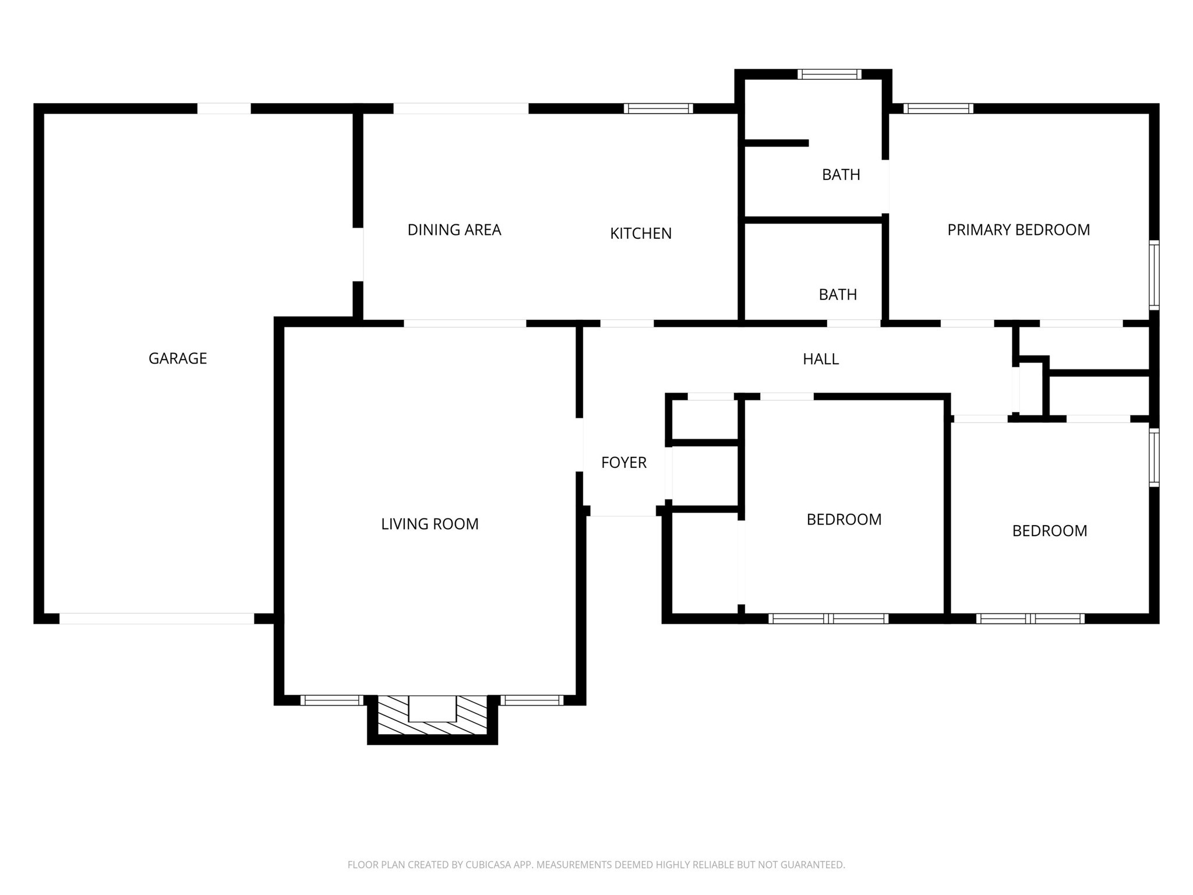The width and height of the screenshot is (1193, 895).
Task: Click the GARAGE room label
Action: [178, 358]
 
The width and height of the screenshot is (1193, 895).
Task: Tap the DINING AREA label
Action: [454, 230]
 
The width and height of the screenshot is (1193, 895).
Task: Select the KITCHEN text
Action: [640, 234]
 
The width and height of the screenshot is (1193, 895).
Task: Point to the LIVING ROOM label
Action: [429, 524]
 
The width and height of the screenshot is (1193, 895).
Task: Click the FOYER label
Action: [623, 463]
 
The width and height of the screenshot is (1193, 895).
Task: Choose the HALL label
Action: [820, 360]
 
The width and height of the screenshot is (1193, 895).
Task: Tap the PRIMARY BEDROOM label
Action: [1018, 230]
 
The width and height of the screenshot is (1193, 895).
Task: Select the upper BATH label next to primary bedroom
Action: [841, 175]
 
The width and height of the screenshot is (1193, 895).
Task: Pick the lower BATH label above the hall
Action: [837, 295]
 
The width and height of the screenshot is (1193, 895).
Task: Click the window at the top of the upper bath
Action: [829, 74]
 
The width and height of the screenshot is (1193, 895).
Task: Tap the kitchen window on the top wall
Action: [658, 108]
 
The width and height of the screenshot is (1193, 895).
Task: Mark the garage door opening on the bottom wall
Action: [157, 618]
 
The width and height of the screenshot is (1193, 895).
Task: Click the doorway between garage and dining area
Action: [359, 255]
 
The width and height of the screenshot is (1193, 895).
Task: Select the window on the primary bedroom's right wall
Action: [1153, 274]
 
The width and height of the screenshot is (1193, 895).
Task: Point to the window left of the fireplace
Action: [332, 700]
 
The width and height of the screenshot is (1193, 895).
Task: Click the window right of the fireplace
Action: [531, 700]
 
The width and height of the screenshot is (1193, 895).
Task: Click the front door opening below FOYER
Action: [623, 511]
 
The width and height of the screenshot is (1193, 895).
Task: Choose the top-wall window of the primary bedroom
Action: [938, 108]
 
